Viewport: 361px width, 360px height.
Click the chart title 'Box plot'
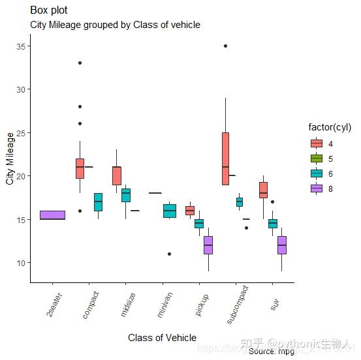pos(49,10)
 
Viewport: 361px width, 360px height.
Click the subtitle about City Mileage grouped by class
pos(115,25)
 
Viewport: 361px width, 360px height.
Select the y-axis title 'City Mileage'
pos(10,158)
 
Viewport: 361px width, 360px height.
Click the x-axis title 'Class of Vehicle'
pos(162,337)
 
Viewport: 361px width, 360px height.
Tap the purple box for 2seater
pos(52,215)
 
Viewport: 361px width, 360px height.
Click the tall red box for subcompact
pos(225,158)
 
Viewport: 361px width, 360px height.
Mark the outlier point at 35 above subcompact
pos(225,46)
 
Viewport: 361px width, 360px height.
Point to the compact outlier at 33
pos(80,63)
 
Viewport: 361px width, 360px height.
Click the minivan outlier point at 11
pos(169,254)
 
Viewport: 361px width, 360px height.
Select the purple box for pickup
pos(208,245)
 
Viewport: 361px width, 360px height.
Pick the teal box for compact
pos(98,202)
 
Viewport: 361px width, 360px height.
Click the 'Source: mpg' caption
pos(271,351)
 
